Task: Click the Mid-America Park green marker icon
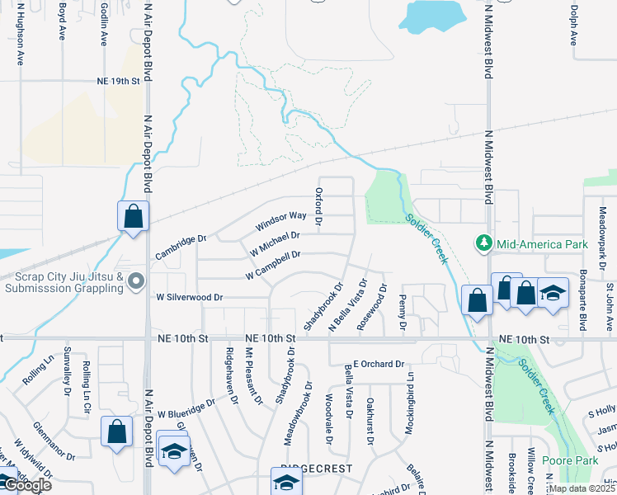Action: [x=483, y=243]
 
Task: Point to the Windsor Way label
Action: [x=280, y=220]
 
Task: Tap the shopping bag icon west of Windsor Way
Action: [x=133, y=217]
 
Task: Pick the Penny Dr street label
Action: [x=403, y=313]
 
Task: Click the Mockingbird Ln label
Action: [x=409, y=403]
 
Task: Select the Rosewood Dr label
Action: [x=371, y=308]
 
